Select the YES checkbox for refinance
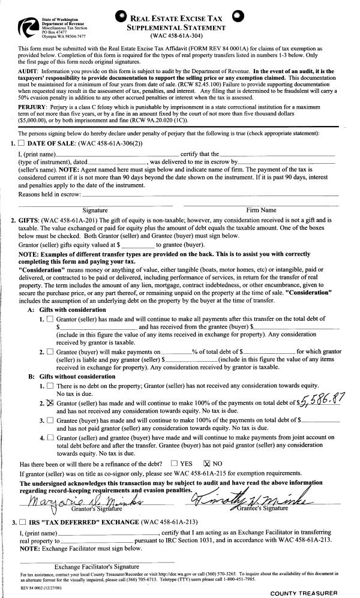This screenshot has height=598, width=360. coord(174,463)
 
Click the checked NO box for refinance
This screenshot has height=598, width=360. coord(208,463)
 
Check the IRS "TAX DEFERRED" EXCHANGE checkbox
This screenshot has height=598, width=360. coord(22,522)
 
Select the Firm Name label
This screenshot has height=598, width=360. coord(262,210)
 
